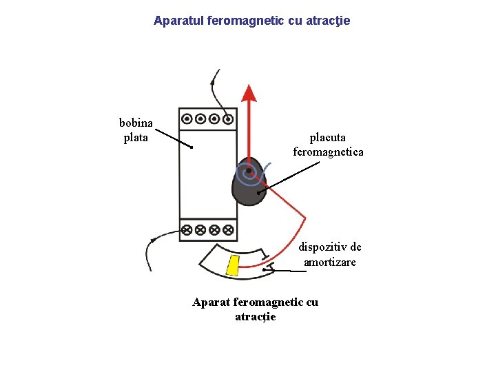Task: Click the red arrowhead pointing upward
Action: click(249, 93)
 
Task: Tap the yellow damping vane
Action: click(233, 265)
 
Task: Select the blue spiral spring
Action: click(251, 174)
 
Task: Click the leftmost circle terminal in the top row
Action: click(187, 118)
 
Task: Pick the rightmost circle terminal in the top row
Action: click(228, 118)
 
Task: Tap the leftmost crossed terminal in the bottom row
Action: click(187, 229)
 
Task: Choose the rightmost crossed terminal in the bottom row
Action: click(228, 229)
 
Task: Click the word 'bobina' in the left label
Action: click(136, 123)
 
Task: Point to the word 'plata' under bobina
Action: click(136, 137)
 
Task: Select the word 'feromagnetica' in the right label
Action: click(328, 152)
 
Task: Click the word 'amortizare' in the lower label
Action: click(330, 262)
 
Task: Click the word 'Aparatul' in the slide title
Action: click(177, 21)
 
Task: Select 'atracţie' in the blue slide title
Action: click(328, 21)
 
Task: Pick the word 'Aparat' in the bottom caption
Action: click(211, 302)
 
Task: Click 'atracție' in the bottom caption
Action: click(255, 316)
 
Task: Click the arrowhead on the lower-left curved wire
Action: click(153, 240)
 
